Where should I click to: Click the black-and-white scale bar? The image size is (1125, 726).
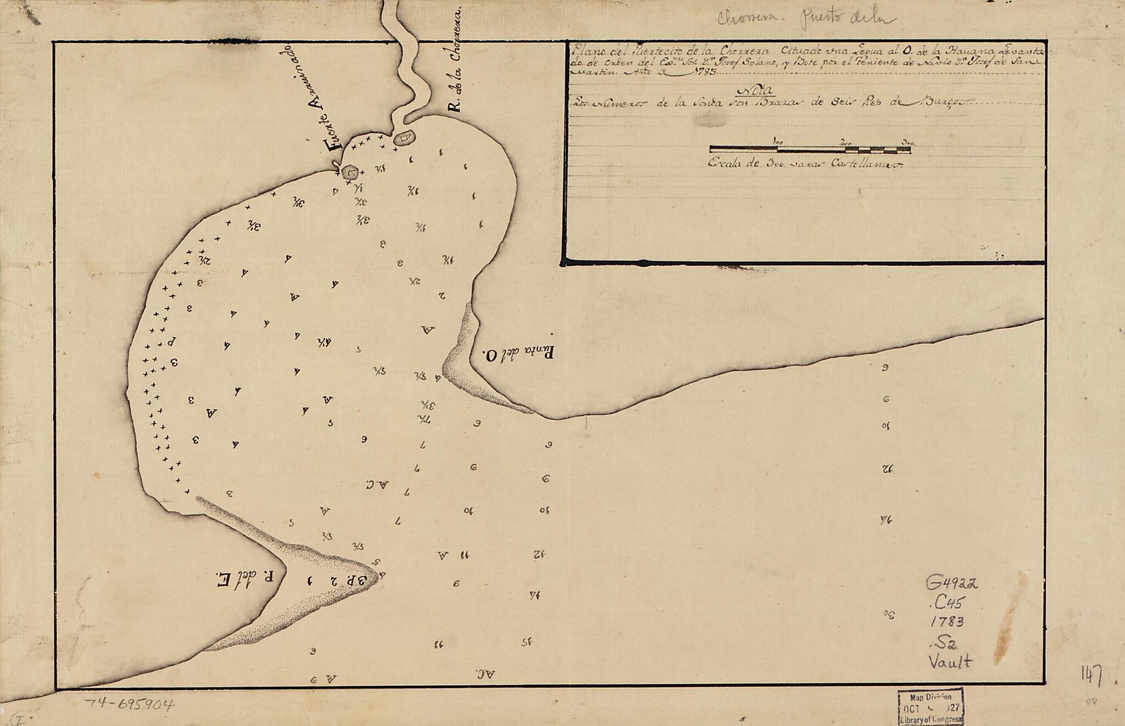[x=810, y=149]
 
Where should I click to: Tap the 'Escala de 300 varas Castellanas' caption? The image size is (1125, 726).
[x=805, y=164]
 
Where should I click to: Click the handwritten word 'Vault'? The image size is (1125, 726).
[x=950, y=662]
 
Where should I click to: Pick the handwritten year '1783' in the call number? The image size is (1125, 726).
[x=948, y=622]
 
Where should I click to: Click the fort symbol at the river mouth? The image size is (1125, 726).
[x=405, y=137]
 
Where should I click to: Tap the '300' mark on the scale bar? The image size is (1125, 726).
[x=907, y=142]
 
